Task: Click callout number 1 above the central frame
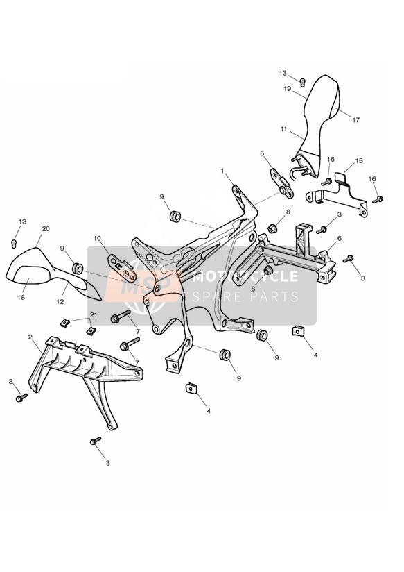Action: pos(222,171)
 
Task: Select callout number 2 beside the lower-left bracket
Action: pos(30,337)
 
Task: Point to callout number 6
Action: pos(339,239)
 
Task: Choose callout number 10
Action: pos(97,239)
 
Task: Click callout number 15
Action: pos(359,161)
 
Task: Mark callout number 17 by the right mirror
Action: pos(356,119)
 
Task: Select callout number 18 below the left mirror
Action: pos(21,297)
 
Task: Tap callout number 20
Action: pos(46,229)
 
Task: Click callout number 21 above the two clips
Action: pos(94,315)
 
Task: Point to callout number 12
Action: pos(60,302)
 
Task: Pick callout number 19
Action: pos(287,89)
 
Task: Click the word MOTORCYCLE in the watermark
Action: pos(245,276)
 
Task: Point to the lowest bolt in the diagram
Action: pos(96,441)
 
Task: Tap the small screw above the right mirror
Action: pos(302,82)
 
